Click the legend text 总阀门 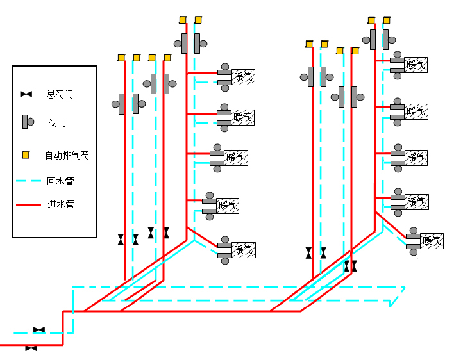[x=60, y=94]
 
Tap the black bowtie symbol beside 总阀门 [x=26, y=94]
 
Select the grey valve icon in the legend [x=28, y=121]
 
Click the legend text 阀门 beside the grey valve [x=56, y=122]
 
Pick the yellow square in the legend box [x=26, y=154]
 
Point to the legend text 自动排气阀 [x=66, y=155]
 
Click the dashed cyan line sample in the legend [x=28, y=181]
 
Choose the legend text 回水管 [x=60, y=181]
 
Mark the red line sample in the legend [x=28, y=205]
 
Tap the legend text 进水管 [x=60, y=205]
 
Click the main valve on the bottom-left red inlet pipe [x=31, y=348]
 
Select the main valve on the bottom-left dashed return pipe [x=39, y=330]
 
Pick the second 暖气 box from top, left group [x=243, y=117]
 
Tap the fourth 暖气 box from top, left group [x=228, y=206]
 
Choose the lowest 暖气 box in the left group [x=244, y=250]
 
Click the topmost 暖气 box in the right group [x=416, y=64]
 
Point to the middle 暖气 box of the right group [x=416, y=157]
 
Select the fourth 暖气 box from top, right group [x=416, y=202]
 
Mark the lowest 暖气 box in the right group [x=432, y=241]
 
